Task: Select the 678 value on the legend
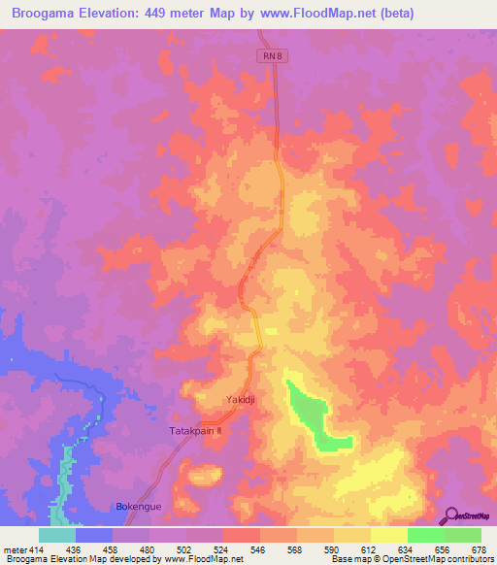click(479, 549)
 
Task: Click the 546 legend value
click(258, 549)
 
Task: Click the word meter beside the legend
click(14, 549)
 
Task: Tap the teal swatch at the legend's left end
click(56, 535)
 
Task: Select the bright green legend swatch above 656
click(426, 535)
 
